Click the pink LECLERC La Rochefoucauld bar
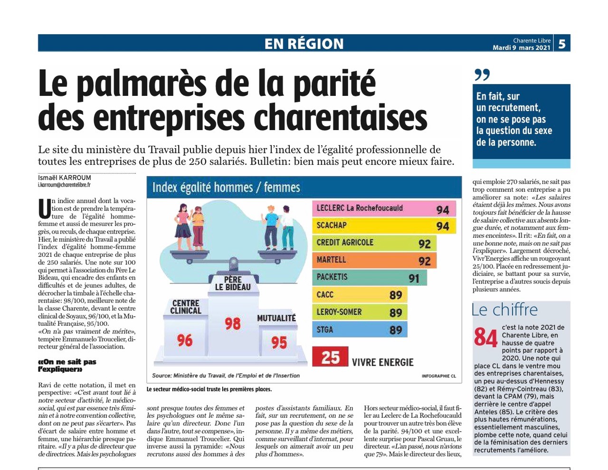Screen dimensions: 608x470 point(384,208)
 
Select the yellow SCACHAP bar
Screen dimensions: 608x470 point(384,226)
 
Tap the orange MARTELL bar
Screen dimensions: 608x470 point(374,260)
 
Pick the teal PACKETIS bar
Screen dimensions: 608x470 point(370,278)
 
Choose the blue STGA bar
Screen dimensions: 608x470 point(360,329)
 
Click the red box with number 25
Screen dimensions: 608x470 point(330,357)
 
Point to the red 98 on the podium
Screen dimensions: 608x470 point(232,323)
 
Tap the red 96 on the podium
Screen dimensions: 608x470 point(185,340)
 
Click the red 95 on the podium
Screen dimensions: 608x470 point(279,343)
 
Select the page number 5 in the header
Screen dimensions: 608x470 point(562,44)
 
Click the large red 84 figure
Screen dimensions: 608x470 point(485,338)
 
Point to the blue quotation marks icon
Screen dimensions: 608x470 point(482,75)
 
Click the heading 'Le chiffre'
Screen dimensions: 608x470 point(504,310)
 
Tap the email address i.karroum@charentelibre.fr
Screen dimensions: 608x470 point(64,185)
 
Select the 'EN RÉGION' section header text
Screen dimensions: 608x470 point(304,44)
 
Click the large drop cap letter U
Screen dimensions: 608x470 point(45,208)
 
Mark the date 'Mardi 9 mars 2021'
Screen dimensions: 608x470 point(522,47)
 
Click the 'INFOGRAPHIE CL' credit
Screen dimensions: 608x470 point(439,376)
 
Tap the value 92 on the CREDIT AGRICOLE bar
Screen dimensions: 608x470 point(425,244)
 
